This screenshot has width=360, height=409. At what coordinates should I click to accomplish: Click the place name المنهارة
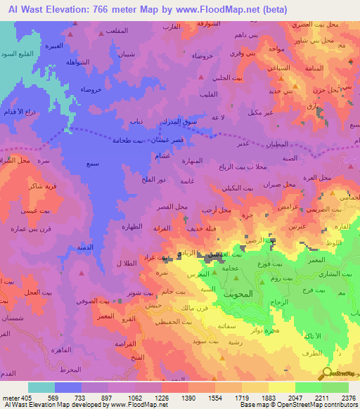[192, 160]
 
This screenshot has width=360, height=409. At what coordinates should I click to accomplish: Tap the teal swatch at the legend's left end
[41, 387]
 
